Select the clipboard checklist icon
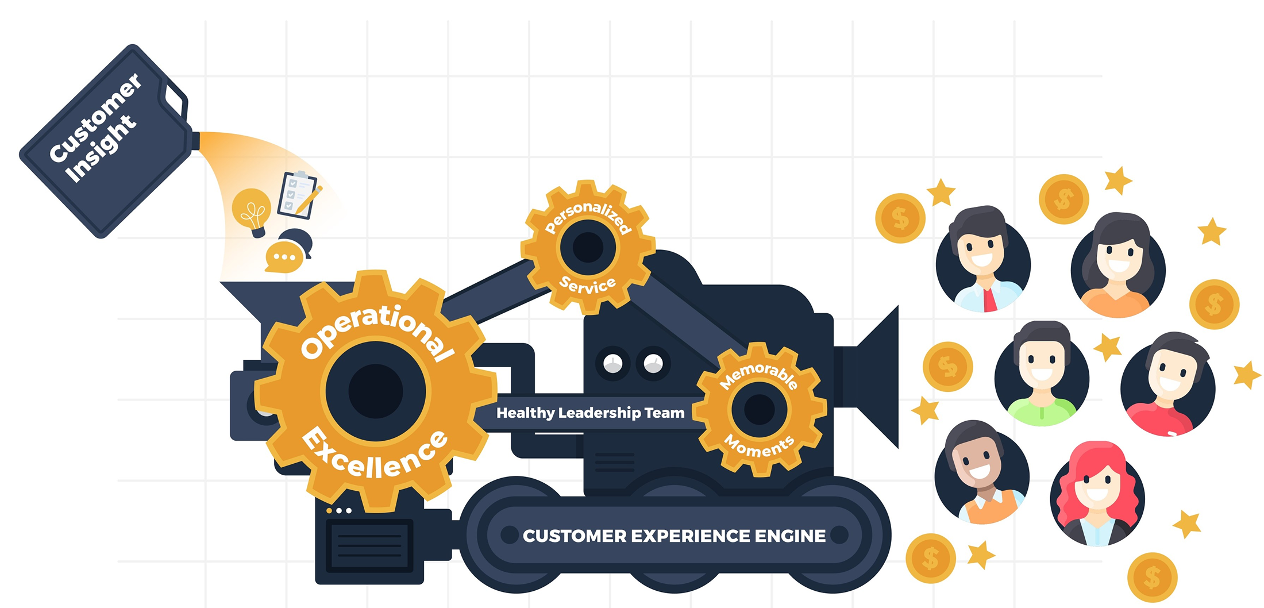pyautogui.click(x=297, y=195)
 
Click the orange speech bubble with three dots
pyautogui.click(x=283, y=257)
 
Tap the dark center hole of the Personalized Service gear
pyautogui.click(x=588, y=247)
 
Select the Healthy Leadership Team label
pyautogui.click(x=590, y=413)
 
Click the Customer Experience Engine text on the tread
pyautogui.click(x=674, y=536)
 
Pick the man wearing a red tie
pyautogui.click(x=983, y=261)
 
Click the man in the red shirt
pyautogui.click(x=1167, y=386)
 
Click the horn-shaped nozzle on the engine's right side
pyautogui.click(x=876, y=376)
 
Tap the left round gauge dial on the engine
pyautogui.click(x=612, y=363)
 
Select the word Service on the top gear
pyautogui.click(x=587, y=285)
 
